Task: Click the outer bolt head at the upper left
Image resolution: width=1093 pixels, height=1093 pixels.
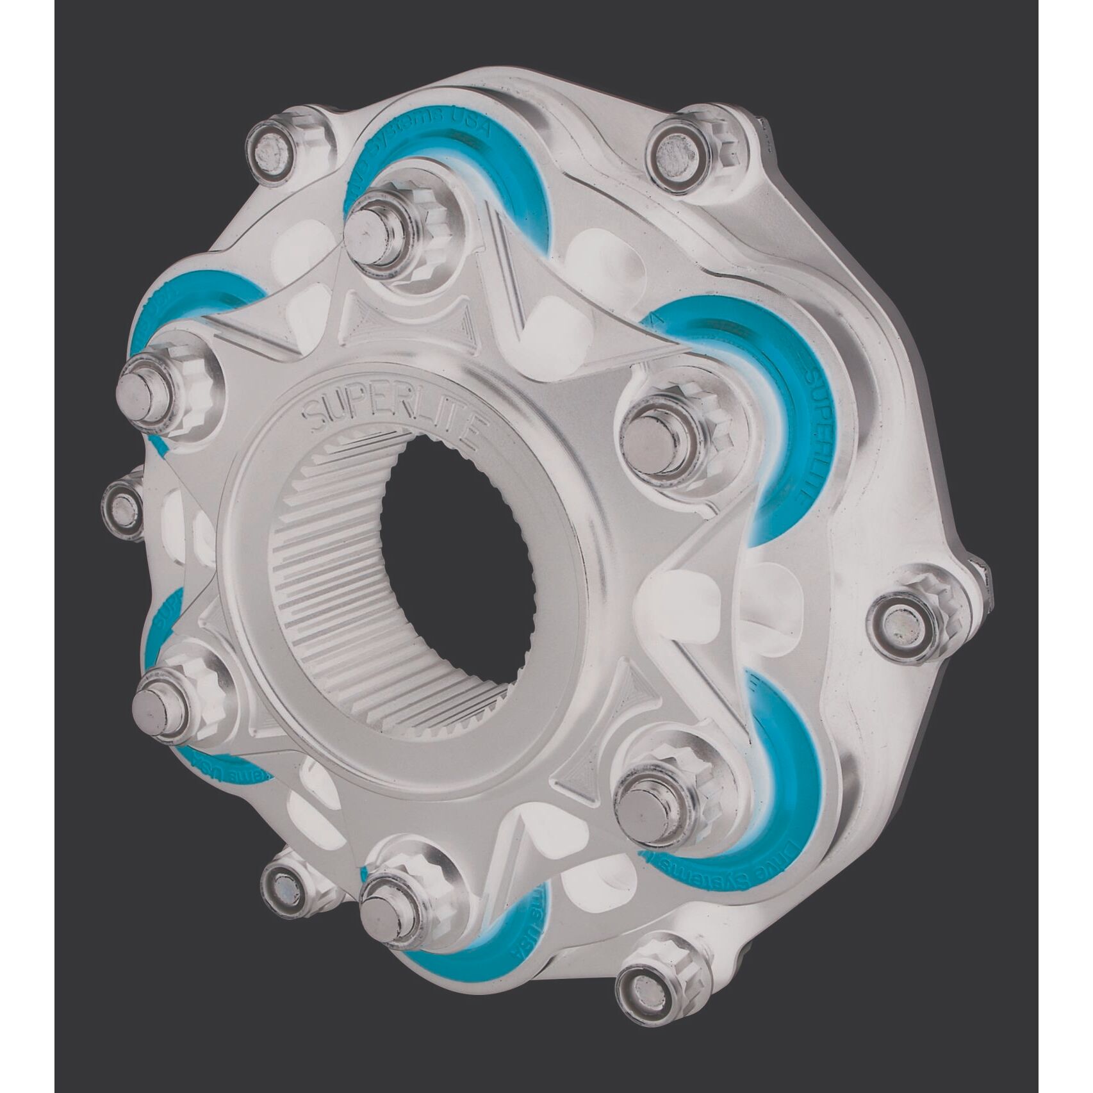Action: (x=272, y=149)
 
